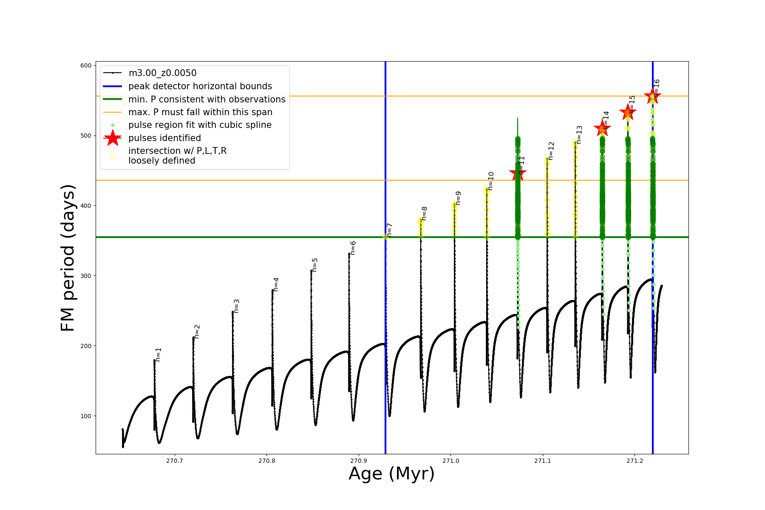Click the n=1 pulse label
pos(159,354)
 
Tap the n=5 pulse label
pos(315,265)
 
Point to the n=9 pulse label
pos(458,198)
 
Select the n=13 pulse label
pos(579,135)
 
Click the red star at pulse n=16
pos(652,96)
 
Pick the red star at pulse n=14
pos(602,128)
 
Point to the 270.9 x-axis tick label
pos(358,461)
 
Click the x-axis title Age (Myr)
pos(391,474)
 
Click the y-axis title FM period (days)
pos(68,258)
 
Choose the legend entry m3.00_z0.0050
pos(162,73)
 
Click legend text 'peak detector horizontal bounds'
pos(200,86)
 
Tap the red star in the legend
pos(113,138)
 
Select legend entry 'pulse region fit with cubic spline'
pos(200,125)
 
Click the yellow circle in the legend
pos(113,157)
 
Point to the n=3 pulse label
pos(237,306)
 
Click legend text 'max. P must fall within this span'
pos(200,112)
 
